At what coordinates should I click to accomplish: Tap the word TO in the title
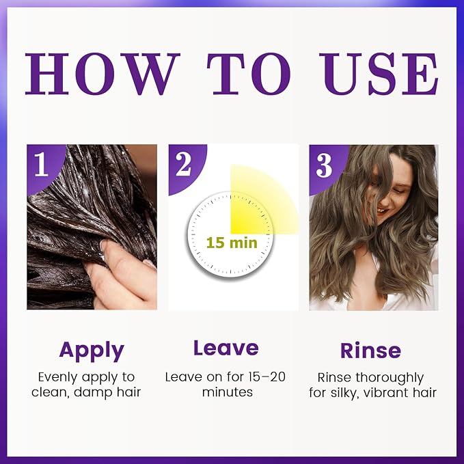[248, 74]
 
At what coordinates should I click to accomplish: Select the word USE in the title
[379, 74]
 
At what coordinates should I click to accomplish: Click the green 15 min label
[232, 243]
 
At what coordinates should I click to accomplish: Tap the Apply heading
[92, 351]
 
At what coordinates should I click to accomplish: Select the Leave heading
[226, 348]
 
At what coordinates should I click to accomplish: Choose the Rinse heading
[371, 351]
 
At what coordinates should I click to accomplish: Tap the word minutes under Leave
[228, 392]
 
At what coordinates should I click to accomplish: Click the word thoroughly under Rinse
[390, 378]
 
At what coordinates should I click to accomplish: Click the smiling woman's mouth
[382, 210]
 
